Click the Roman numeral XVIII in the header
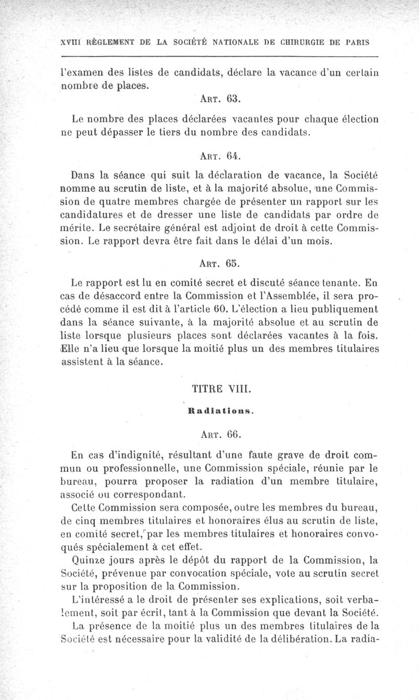click(70, 41)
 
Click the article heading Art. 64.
click(220, 156)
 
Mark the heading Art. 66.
click(220, 434)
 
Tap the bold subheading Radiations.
click(220, 412)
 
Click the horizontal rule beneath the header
click(219, 56)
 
